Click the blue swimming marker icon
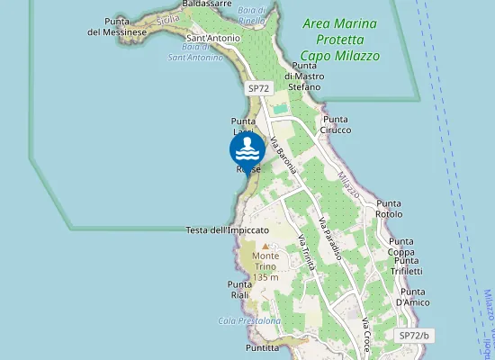[247, 148]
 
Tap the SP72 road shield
[258, 88]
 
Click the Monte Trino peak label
[265, 262]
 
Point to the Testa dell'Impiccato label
[228, 230]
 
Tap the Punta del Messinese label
[117, 26]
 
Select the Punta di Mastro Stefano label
[303, 76]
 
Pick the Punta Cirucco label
[337, 124]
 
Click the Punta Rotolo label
[389, 209]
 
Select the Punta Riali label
[238, 289]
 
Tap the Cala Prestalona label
[249, 320]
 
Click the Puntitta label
[261, 346]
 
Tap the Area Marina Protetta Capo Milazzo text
[340, 39]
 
